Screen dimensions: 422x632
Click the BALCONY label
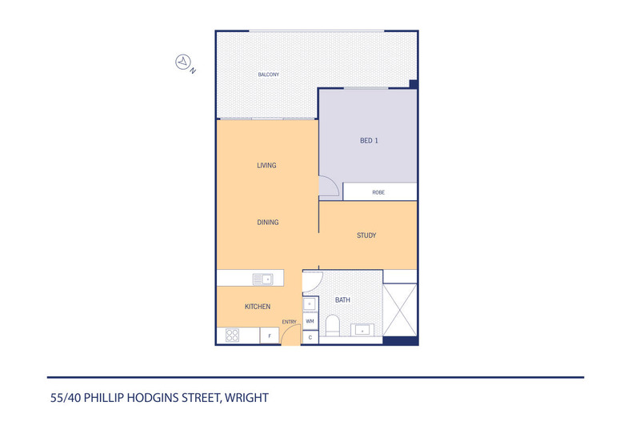pos(268,74)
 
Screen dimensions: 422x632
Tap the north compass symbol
pos(183,61)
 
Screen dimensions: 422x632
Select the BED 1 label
pos(369,141)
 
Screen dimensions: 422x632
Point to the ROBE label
pos(379,193)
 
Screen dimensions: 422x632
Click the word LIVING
pos(266,166)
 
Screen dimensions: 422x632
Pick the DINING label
pos(268,222)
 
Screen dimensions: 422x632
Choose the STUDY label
pos(366,235)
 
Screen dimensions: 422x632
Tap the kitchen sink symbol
pos(262,279)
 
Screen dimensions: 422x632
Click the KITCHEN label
pos(257,307)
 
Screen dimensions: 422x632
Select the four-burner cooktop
pos(233,336)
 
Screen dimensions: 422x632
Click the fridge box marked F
pos(270,336)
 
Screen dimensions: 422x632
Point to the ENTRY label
pos(289,322)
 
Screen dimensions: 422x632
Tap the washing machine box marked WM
pos(310,321)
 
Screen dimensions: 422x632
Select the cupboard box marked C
pos(310,337)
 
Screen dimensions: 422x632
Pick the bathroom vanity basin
pos(362,329)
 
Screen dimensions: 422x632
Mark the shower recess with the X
pos(401,311)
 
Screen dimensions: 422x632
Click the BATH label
pos(342,300)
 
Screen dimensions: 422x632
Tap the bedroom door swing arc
pos(327,187)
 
